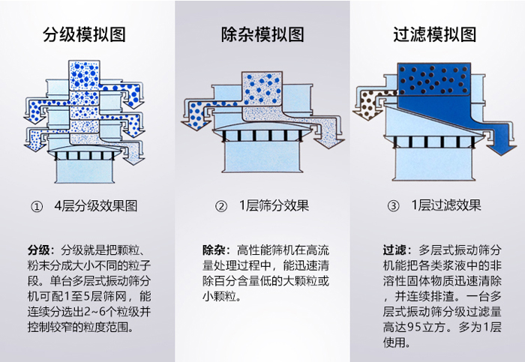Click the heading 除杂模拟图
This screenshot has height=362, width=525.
click(x=262, y=34)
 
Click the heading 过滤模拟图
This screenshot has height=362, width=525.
click(x=435, y=34)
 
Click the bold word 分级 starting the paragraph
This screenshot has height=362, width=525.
click(x=38, y=249)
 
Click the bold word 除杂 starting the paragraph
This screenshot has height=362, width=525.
click(x=213, y=249)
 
